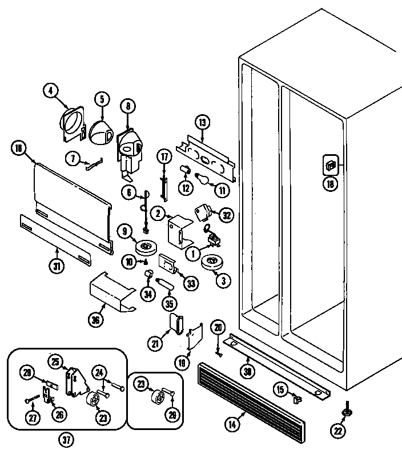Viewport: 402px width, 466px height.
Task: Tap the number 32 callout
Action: [x=227, y=215]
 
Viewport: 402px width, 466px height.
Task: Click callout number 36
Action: [x=95, y=320]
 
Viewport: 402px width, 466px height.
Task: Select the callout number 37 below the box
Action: [x=67, y=440]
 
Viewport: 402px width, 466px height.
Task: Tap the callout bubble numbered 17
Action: [x=164, y=156]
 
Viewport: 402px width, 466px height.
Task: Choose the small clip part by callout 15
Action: [x=296, y=399]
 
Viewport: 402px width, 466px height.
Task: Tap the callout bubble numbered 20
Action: [x=218, y=327]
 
